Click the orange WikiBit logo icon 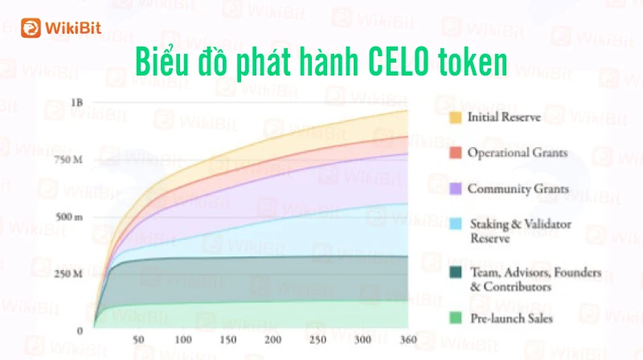[31, 28]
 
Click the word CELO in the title [399, 62]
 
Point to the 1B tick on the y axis [76, 103]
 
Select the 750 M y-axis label [68, 159]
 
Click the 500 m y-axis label [69, 216]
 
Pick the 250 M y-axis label [68, 273]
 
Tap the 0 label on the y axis [80, 331]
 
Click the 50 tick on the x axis [138, 339]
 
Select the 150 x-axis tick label [228, 339]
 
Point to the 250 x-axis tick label [317, 339]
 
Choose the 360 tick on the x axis [408, 339]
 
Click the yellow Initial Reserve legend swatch [455, 117]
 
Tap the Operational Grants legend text [518, 153]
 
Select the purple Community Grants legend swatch [456, 189]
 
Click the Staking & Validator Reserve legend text [520, 231]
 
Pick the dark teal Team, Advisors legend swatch [456, 272]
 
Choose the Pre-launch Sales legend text [511, 318]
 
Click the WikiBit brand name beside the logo [73, 28]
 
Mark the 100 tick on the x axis [183, 339]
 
